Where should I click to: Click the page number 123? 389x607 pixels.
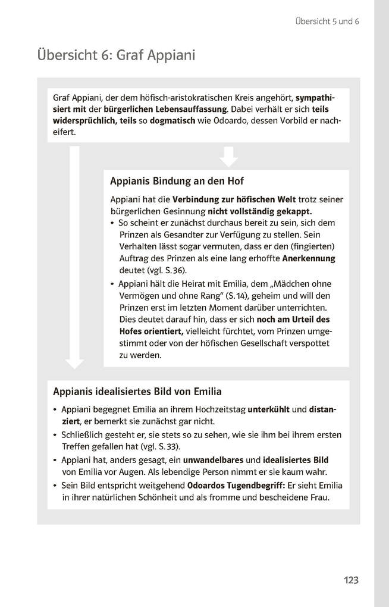pyautogui.click(x=351, y=580)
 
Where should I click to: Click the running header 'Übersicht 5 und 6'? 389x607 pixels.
pyautogui.click(x=327, y=21)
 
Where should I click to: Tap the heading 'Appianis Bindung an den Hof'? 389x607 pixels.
pyautogui.click(x=177, y=181)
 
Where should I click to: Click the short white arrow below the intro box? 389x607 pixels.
pyautogui.click(x=228, y=156)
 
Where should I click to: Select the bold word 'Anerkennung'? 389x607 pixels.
pyautogui.click(x=309, y=258)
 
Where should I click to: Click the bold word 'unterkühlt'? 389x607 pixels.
pyautogui.click(x=268, y=409)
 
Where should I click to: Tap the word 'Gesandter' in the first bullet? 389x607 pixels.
pyautogui.click(x=177, y=234)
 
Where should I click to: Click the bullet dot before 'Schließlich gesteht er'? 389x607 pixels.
pyautogui.click(x=55, y=435)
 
